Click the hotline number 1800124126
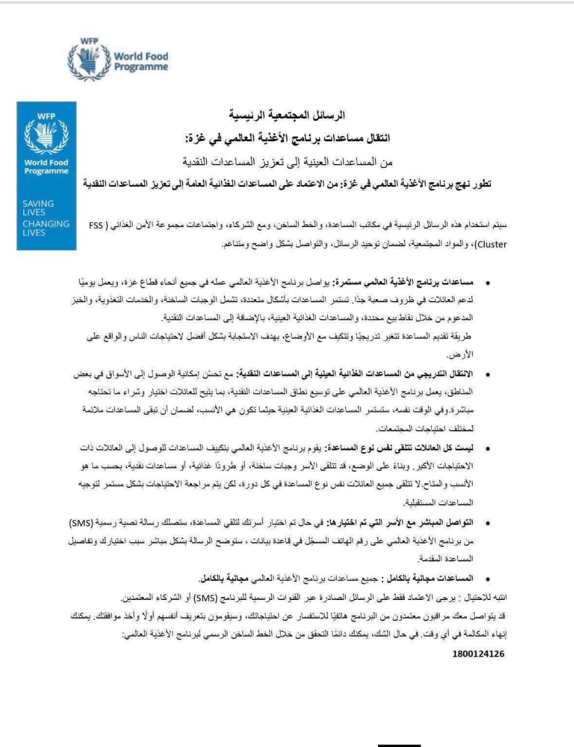pos(478,654)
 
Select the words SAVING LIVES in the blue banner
pos(38,208)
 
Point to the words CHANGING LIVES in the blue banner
pos(45,228)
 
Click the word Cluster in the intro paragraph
pos(492,244)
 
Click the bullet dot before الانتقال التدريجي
pos(487,374)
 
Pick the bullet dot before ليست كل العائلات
pos(487,448)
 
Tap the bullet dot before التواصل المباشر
pos(487,522)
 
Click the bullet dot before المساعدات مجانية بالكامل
pos(487,578)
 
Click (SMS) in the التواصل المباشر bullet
pos(489,522)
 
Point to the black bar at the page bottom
pos(399,744)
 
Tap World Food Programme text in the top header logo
pos(141,61)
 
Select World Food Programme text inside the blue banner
pos(46,167)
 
